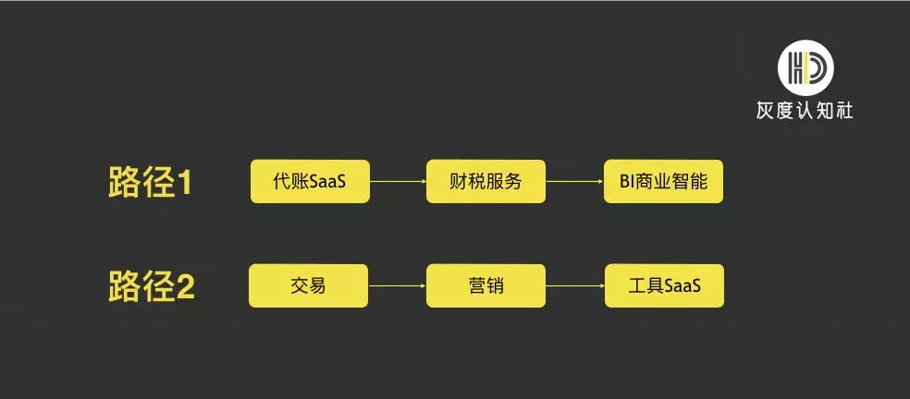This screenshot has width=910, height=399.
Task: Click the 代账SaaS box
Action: pyautogui.click(x=310, y=182)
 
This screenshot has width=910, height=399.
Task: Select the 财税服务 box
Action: pyautogui.click(x=486, y=182)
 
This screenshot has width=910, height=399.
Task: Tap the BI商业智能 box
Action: pyautogui.click(x=663, y=182)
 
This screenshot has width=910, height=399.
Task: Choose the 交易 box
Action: pyautogui.click(x=308, y=286)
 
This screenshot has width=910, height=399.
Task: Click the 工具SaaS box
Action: pyautogui.click(x=664, y=286)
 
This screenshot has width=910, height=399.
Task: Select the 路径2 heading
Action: pyautogui.click(x=151, y=287)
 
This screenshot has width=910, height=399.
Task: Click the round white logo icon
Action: pyautogui.click(x=805, y=67)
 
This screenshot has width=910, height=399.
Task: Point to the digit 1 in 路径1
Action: pyautogui.click(x=184, y=183)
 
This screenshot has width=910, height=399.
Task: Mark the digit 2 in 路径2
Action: pyautogui.click(x=185, y=287)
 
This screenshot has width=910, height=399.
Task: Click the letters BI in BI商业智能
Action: pyautogui.click(x=627, y=182)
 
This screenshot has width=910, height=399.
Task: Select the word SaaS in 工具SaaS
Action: pyautogui.click(x=682, y=286)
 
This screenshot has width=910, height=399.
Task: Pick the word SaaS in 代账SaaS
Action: pyautogui.click(x=327, y=182)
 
